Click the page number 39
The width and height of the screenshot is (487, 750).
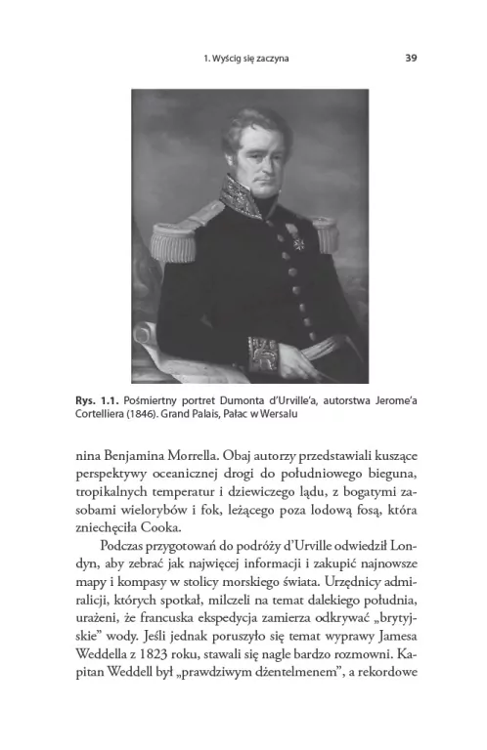[x=411, y=58]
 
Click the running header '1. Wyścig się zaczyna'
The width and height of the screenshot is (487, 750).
[x=243, y=58]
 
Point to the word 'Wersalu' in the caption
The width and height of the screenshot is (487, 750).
[x=275, y=414]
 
